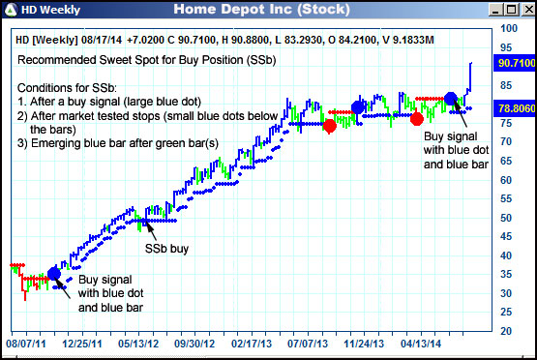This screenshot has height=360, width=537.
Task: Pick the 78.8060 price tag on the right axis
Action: (513, 108)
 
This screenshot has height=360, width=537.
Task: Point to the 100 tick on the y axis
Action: (506, 29)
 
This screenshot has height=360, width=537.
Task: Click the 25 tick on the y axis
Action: (504, 313)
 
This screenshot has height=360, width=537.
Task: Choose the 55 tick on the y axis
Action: (504, 199)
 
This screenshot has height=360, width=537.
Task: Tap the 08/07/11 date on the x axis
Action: (26, 343)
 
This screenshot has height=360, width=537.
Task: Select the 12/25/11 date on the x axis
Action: (81, 343)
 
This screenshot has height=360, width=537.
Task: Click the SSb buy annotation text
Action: (166, 249)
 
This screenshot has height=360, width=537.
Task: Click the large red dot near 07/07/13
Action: (330, 126)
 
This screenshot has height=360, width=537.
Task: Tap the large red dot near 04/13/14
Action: (416, 118)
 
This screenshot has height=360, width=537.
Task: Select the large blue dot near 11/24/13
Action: (358, 107)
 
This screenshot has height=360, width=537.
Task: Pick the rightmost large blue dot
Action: (450, 98)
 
